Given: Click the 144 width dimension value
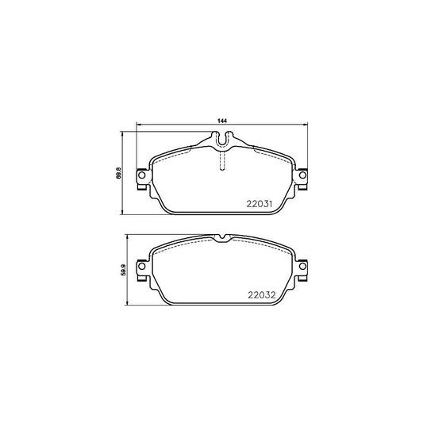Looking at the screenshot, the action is tap(222, 121).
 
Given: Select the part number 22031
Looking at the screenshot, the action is tap(260, 204).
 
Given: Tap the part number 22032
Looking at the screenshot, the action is tap(262, 295).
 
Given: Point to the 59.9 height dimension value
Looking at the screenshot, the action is tap(124, 270).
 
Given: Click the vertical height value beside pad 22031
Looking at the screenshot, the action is tap(119, 174).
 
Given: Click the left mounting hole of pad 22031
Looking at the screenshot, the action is tap(141, 175).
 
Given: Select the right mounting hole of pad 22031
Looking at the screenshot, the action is tap(302, 175).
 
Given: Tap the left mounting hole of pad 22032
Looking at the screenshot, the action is tap(141, 267).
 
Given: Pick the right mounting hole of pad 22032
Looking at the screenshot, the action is tap(302, 267).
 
